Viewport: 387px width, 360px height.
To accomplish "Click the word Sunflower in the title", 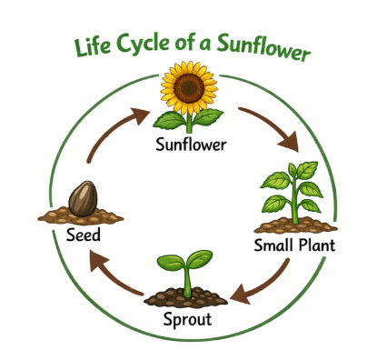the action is click(x=263, y=48).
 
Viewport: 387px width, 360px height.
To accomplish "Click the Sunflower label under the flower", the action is click(x=191, y=145).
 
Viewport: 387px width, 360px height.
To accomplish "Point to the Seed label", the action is click(x=84, y=235).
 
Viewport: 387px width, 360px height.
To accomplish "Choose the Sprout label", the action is click(x=187, y=319).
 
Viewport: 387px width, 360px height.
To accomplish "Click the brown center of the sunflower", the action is click(x=189, y=87).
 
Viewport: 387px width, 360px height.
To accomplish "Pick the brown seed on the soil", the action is click(x=83, y=199).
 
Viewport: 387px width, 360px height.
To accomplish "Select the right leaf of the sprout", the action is click(x=200, y=258).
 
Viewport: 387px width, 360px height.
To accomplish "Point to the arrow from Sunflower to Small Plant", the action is click(x=272, y=125).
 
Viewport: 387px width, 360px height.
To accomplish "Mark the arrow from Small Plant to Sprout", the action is click(x=264, y=285).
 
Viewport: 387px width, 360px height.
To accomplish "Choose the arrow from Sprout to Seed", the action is click(x=113, y=275).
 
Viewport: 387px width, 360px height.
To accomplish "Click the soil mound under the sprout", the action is click(x=185, y=297).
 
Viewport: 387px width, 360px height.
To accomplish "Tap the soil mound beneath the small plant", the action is click(x=295, y=225).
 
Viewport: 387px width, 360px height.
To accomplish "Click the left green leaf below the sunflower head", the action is click(x=170, y=120).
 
